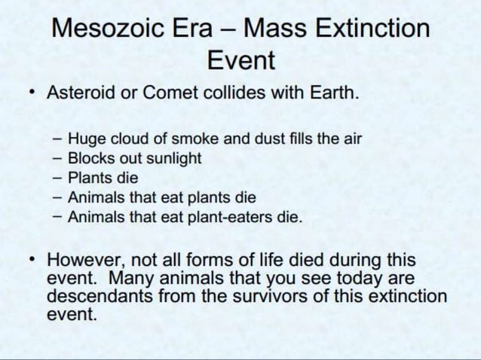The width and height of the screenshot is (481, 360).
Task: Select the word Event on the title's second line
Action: [241, 60]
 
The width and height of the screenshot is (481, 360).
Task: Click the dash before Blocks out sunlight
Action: [57, 159]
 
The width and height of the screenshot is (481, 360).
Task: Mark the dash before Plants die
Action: [57, 178]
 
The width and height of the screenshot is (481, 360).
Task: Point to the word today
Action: [348, 278]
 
